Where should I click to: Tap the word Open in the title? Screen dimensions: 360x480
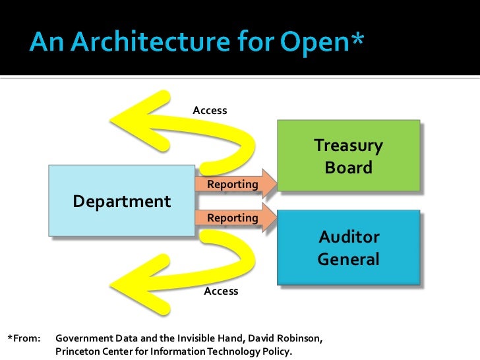point(313,44)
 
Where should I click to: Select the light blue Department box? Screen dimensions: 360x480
point(121,200)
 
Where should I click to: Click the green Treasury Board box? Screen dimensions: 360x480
point(348,156)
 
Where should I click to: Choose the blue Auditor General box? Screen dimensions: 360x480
point(348,247)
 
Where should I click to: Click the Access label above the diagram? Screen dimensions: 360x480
point(210,110)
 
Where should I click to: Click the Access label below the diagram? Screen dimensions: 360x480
point(221,291)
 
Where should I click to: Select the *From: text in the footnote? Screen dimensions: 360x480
point(24,339)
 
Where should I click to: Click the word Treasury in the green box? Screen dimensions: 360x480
point(348,145)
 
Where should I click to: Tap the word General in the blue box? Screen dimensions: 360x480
point(348,259)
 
